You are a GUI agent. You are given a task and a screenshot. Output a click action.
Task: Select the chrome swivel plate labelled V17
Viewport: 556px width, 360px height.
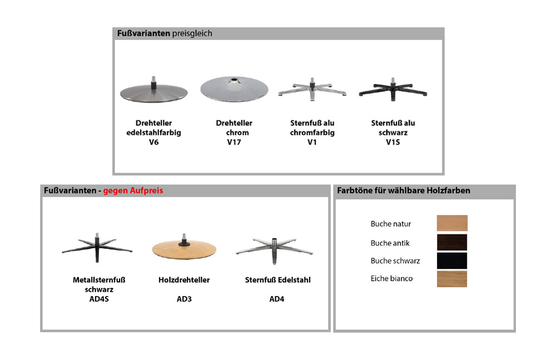[x=234, y=89]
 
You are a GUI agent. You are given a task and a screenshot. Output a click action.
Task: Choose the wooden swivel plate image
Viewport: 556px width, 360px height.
[x=184, y=248]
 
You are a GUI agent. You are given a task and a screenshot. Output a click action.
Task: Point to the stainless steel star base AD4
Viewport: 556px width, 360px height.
[x=274, y=250]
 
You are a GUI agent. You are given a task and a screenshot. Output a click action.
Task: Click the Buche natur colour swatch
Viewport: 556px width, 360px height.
[x=452, y=223]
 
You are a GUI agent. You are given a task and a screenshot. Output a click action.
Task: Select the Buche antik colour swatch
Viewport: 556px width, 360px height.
[x=452, y=242]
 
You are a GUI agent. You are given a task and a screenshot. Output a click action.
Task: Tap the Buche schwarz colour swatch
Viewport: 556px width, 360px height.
[x=452, y=261]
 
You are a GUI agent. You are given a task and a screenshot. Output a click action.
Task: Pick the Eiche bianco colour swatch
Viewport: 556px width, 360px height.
[x=452, y=279]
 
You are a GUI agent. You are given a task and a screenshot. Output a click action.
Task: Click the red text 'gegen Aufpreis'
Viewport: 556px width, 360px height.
[x=133, y=191]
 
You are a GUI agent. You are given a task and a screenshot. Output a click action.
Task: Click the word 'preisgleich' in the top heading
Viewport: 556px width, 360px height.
[x=192, y=34]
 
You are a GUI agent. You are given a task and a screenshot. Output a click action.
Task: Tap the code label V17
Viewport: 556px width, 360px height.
[x=234, y=142]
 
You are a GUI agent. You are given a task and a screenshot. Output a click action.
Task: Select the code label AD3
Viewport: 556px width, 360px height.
[x=184, y=299]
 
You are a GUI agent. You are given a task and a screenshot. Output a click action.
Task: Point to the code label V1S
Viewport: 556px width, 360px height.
[x=393, y=142]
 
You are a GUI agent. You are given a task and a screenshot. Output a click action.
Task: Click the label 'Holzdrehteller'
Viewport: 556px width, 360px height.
[x=184, y=280]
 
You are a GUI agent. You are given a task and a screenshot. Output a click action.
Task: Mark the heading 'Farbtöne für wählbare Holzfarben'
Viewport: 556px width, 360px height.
[x=404, y=191]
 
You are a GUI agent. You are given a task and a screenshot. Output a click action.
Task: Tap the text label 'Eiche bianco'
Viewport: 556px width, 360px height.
[x=391, y=278]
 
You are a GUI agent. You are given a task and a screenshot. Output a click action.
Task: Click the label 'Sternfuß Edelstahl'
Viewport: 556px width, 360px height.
[x=277, y=280]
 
